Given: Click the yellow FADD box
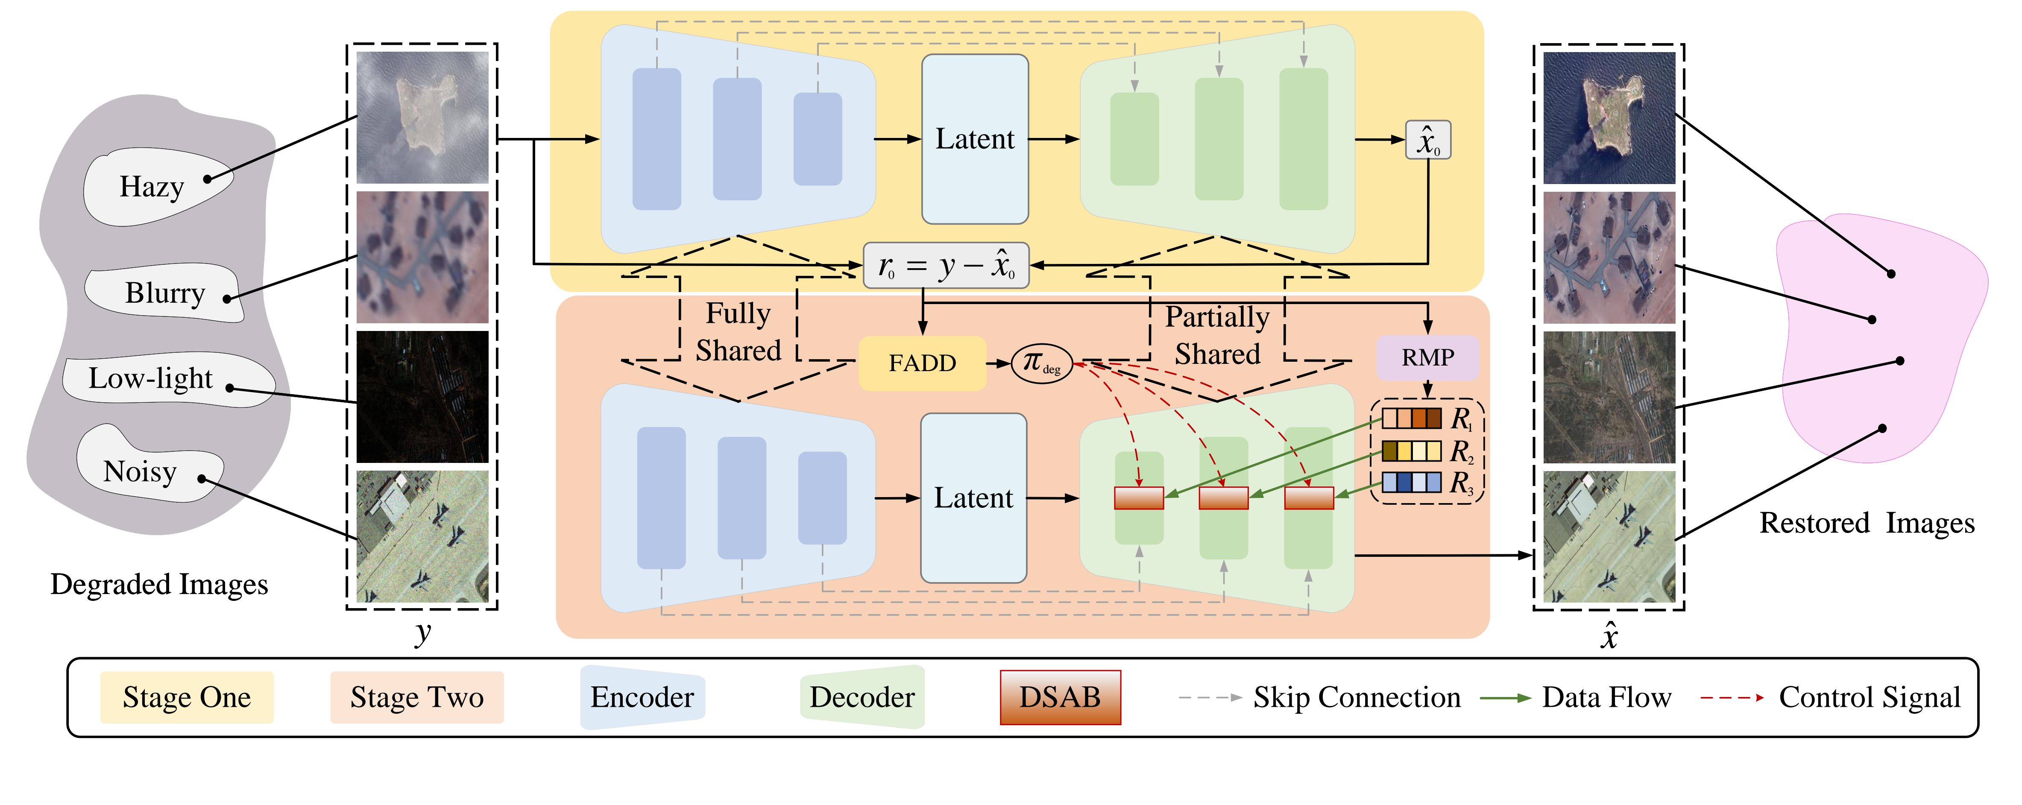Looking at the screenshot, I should click(x=922, y=363).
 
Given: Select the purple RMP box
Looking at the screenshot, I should click(x=1428, y=358).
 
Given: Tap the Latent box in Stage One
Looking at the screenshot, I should click(x=975, y=139).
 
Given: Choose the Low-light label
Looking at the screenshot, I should click(x=151, y=379).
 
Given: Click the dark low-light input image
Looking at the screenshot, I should click(x=422, y=397).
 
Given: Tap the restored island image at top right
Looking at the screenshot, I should click(x=1609, y=118).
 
